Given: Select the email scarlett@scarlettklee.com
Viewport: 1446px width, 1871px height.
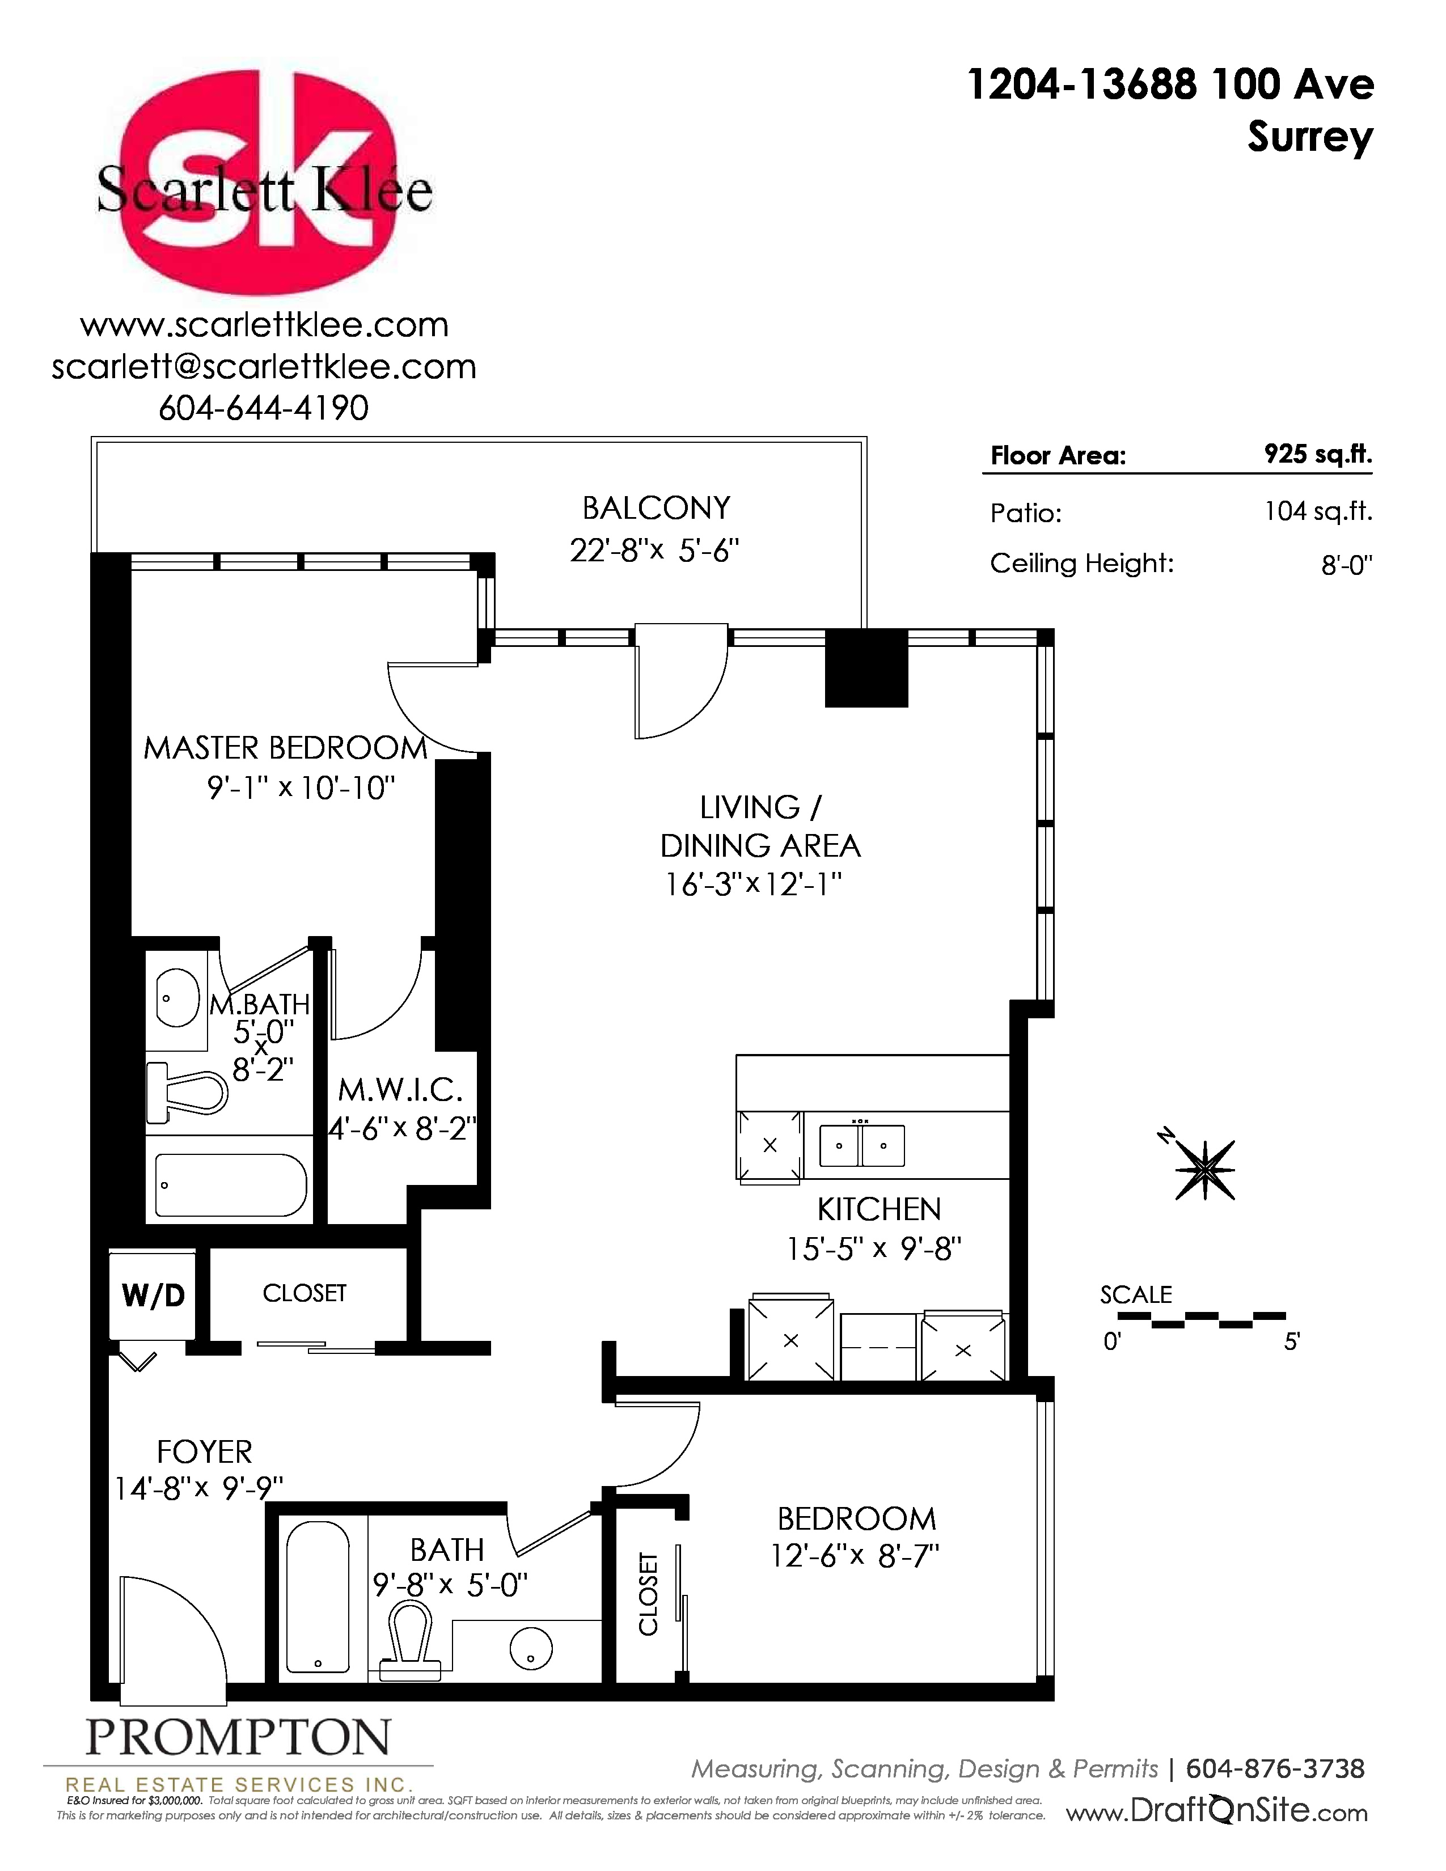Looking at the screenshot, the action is pyautogui.click(x=264, y=367).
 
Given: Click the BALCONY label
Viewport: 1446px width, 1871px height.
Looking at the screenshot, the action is pyautogui.click(x=656, y=508).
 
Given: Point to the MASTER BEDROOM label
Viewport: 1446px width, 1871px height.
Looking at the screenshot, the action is pyautogui.click(x=285, y=748).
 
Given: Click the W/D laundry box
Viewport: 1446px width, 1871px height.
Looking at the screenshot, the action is pyautogui.click(x=153, y=1294).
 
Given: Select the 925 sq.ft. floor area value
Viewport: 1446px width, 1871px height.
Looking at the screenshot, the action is pyautogui.click(x=1317, y=454).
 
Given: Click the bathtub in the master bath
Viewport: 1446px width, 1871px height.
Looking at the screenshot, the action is pyautogui.click(x=230, y=1186).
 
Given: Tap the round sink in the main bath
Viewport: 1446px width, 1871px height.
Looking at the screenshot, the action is pyautogui.click(x=531, y=1648).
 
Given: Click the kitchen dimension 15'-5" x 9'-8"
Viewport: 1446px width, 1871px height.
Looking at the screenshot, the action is pyautogui.click(x=874, y=1248).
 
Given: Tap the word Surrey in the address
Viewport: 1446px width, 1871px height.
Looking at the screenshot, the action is pyautogui.click(x=1310, y=137).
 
